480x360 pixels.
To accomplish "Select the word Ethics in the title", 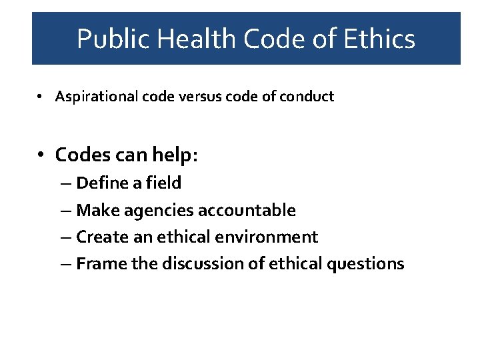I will tap(379, 39).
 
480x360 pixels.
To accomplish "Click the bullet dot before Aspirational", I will tap(41, 97).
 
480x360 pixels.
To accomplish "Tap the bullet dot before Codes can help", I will tap(41, 155).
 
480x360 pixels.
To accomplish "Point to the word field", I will tap(164, 183).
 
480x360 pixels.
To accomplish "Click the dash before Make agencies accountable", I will tap(69, 211).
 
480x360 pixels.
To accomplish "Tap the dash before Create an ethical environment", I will tap(69, 237).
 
